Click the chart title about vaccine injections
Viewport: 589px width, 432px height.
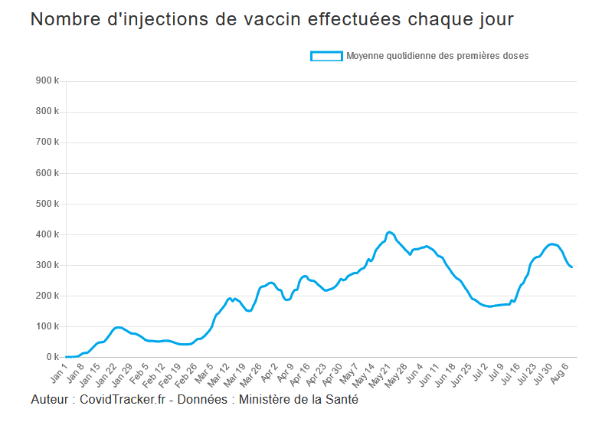272,20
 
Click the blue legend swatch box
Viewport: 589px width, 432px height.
326,56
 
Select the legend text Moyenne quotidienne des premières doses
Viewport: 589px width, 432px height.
437,56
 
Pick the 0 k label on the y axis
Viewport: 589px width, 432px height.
52,357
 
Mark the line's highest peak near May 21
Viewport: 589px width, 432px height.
389,231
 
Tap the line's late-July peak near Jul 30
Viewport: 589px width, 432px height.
551,244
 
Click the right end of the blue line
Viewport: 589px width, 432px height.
571,267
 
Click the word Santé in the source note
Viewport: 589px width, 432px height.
340,400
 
